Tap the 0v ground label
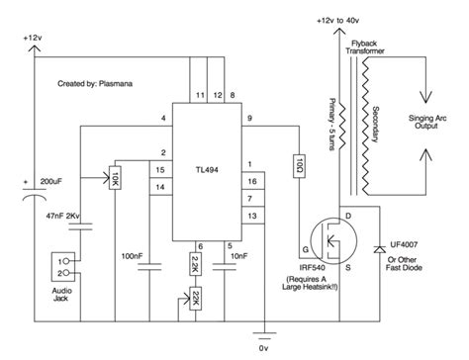tap(262, 348)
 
